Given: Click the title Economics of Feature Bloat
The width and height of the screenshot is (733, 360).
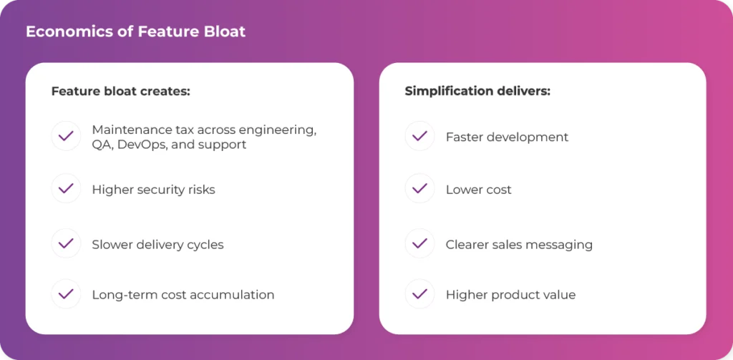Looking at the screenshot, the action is pos(135,31).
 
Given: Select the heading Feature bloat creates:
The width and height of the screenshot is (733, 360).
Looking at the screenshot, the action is pos(120,91).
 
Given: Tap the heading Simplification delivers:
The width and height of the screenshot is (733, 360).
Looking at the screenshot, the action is pos(477,91).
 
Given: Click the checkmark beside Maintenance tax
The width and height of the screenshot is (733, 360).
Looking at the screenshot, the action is pos(66,136).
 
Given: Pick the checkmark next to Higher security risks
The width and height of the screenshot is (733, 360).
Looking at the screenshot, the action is pos(66,188).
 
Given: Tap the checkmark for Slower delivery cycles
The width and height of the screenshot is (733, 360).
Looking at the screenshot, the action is pos(66,243).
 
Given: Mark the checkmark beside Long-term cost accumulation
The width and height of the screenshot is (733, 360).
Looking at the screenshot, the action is pos(66,293).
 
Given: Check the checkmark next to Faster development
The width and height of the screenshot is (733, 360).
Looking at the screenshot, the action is pos(419,136).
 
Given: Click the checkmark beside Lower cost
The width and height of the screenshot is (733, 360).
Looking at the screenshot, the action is pos(419,188).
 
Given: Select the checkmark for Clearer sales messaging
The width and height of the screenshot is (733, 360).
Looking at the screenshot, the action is pos(419,243).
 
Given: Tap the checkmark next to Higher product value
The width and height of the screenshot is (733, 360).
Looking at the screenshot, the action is pos(419,293).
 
